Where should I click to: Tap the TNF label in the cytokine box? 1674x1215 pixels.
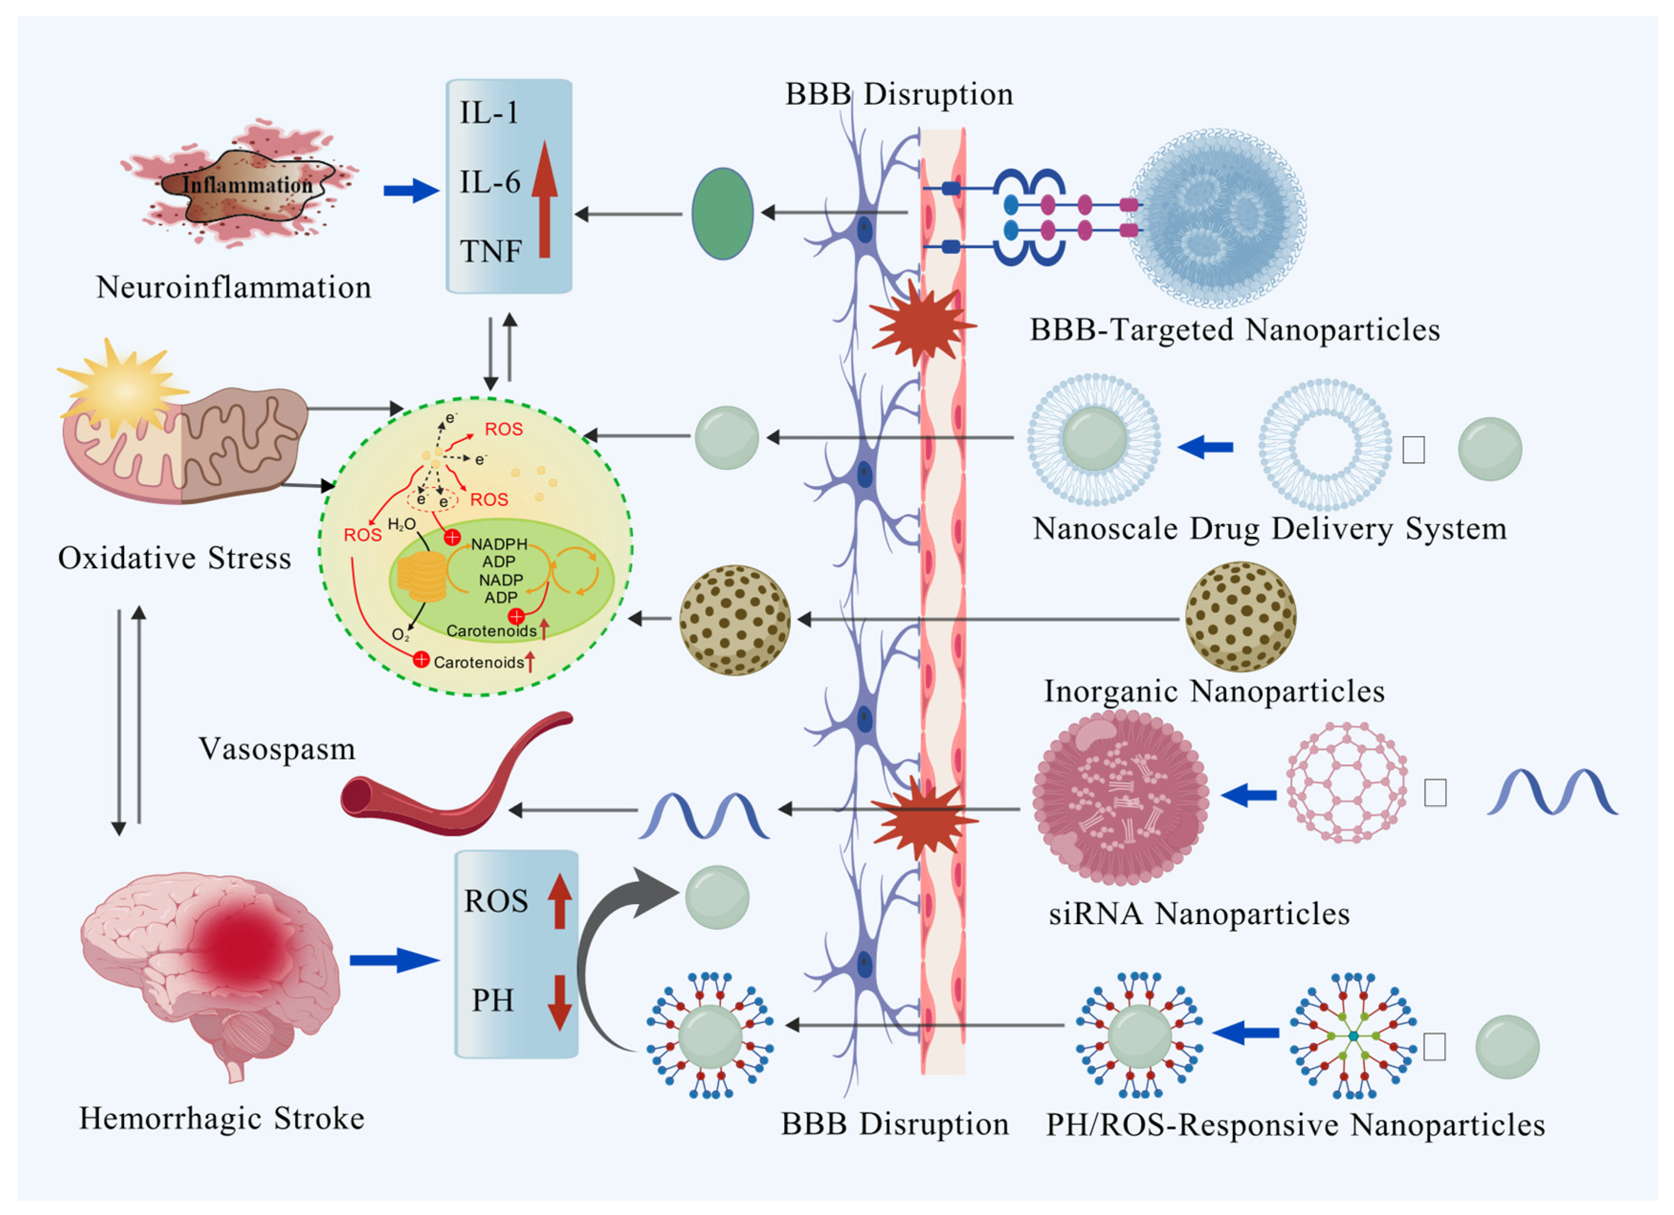[x=491, y=251]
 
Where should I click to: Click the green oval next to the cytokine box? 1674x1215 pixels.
[x=722, y=214]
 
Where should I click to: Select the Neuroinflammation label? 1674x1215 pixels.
[x=233, y=287]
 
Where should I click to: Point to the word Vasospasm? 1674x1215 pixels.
[x=277, y=749]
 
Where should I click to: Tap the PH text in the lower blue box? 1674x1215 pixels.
[x=492, y=1000]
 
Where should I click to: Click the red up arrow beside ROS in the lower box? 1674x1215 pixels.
[x=560, y=901]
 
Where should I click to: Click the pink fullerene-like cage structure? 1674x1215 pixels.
[x=1346, y=783]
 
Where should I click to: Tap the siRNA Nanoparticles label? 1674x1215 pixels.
[x=1199, y=914]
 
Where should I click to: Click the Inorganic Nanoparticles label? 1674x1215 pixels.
[x=1213, y=692]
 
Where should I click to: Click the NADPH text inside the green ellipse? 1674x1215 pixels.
[x=499, y=544]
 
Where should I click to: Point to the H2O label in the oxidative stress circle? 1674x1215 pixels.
[x=402, y=525]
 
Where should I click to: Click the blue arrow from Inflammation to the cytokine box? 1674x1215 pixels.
[x=410, y=190]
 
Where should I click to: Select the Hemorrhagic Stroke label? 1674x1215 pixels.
[x=221, y=1118]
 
